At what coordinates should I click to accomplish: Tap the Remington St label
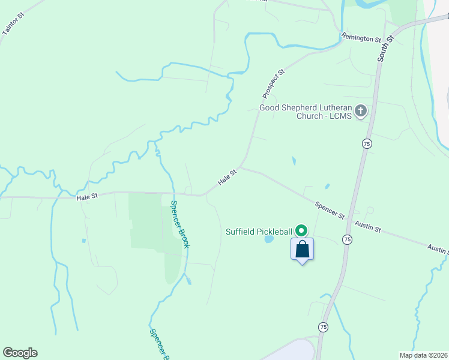click(x=361, y=37)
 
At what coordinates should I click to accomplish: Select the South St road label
click(x=386, y=47)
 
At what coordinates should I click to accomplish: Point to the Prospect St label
click(x=273, y=83)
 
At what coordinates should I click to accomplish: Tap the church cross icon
click(x=361, y=111)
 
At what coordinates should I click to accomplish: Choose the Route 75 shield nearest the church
click(x=366, y=143)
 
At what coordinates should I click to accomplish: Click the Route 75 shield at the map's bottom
click(x=324, y=327)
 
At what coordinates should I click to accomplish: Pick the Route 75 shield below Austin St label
click(x=348, y=239)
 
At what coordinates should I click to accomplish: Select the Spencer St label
click(x=330, y=209)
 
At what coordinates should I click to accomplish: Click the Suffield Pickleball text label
click(x=259, y=231)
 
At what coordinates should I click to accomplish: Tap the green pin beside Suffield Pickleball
click(x=302, y=230)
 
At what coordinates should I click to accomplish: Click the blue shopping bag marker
click(x=302, y=249)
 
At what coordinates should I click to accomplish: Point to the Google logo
click(x=20, y=353)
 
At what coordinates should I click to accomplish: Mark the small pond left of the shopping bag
click(x=269, y=239)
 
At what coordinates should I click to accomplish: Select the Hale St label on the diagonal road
click(x=228, y=177)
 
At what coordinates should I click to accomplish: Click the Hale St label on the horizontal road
click(x=87, y=196)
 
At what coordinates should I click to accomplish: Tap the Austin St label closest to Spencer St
click(x=368, y=226)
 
